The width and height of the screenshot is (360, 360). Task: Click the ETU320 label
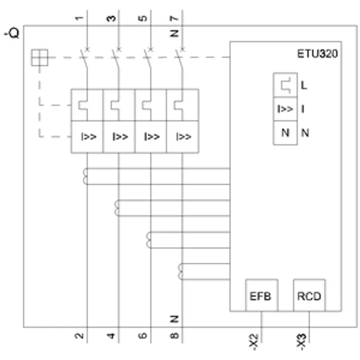[317, 54]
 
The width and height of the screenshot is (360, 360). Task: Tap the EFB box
[261, 295]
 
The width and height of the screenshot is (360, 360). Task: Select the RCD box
[309, 295]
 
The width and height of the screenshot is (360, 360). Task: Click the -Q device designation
[12, 33]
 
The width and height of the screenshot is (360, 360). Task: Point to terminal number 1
[79, 18]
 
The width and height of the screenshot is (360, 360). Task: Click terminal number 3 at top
[111, 18]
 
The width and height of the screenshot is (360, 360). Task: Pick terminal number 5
[143, 18]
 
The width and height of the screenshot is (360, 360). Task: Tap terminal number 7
[175, 18]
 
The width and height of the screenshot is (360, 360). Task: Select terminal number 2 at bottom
[79, 336]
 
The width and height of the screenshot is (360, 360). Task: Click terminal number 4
[111, 336]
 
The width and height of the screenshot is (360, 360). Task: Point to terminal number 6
[143, 336]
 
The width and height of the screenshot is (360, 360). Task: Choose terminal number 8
[175, 336]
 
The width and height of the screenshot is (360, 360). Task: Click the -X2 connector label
[254, 342]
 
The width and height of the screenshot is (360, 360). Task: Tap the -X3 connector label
[301, 342]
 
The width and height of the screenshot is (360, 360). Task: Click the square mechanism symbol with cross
[40, 58]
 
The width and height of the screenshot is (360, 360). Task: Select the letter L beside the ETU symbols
[304, 85]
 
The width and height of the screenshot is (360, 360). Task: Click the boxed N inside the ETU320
[285, 133]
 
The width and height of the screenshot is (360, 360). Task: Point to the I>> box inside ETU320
[285, 108]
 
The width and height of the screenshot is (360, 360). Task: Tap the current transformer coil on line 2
[85, 176]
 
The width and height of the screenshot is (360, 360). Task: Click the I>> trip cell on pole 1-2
[87, 137]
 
